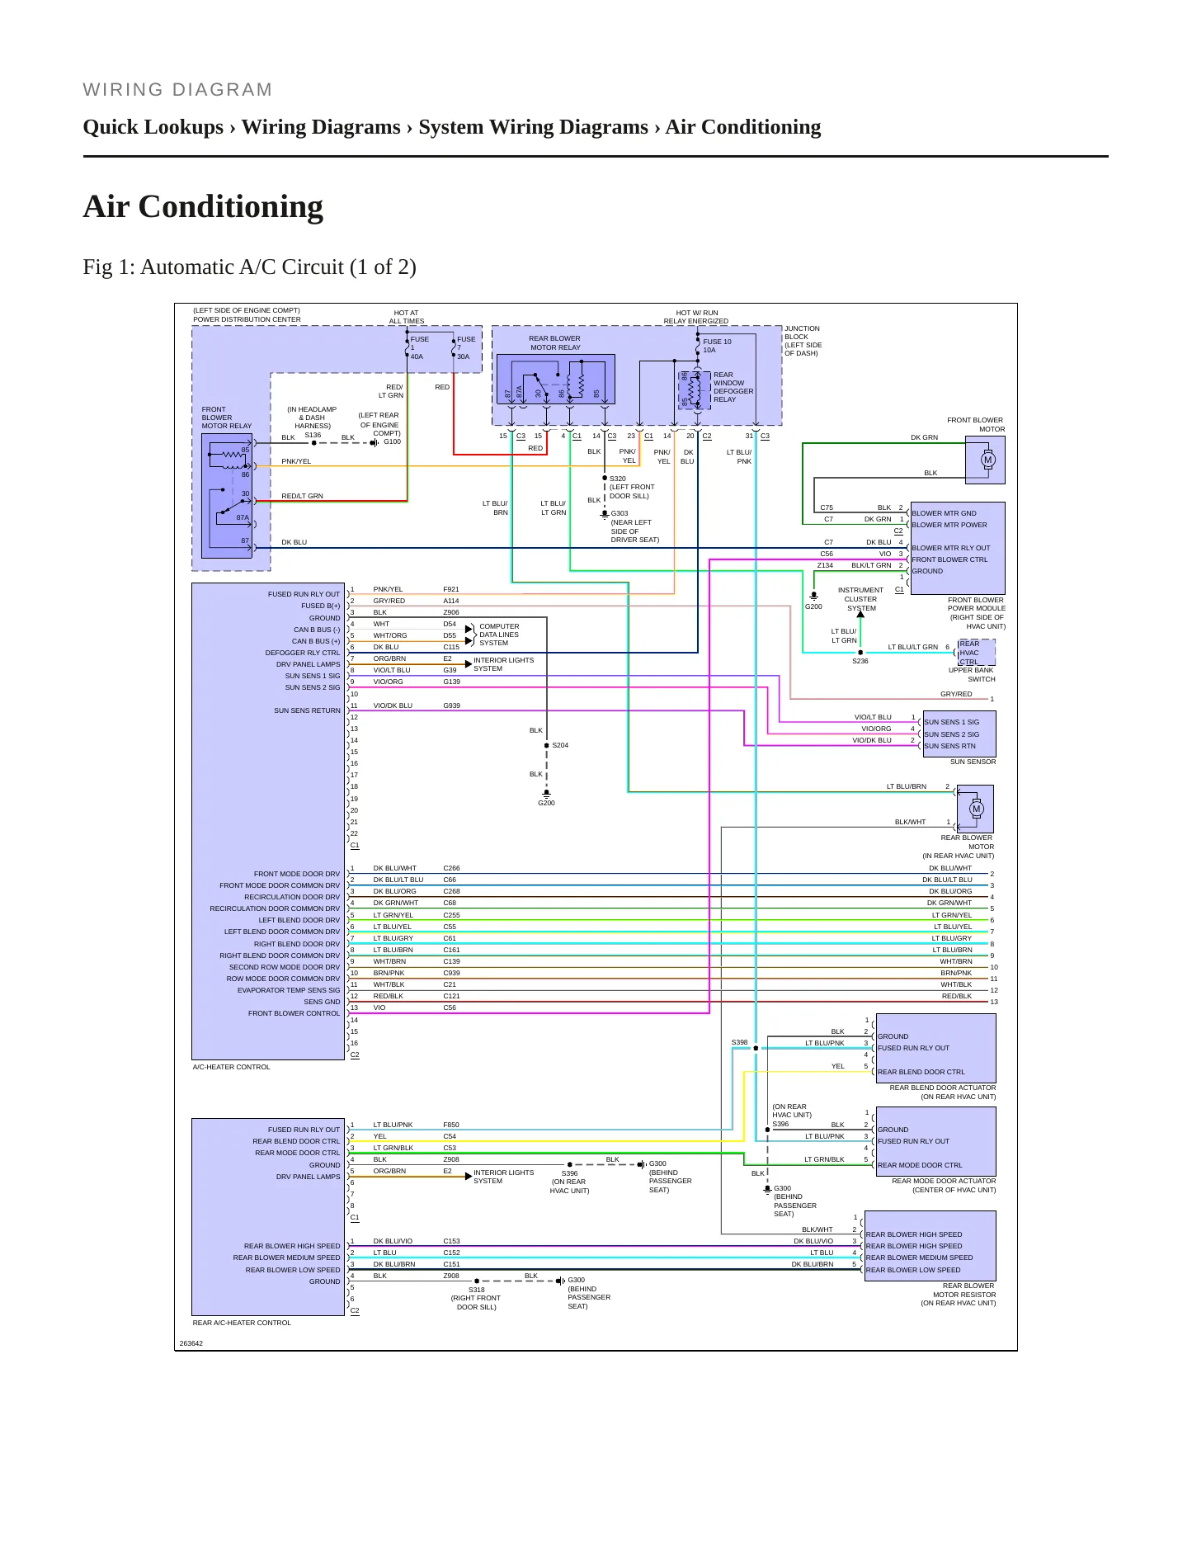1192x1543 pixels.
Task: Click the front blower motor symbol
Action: pos(987,460)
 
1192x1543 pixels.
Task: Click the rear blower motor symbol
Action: pos(977,809)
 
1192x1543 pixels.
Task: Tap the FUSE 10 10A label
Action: pos(717,346)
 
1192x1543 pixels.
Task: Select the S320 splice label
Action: pos(618,479)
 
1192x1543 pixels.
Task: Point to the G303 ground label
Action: pos(620,513)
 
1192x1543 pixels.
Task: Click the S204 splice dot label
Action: pos(560,745)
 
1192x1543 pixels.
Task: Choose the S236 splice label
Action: pos(860,661)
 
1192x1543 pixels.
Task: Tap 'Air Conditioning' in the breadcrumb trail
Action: pos(743,127)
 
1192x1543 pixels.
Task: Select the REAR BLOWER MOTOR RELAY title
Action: pos(554,342)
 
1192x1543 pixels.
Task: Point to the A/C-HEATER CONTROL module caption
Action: pos(232,1067)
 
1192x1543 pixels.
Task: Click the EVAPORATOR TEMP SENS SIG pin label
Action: pos(289,990)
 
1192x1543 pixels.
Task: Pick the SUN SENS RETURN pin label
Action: pos(307,710)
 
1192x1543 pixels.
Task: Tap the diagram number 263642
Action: pos(191,1343)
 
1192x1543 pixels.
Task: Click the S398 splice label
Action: pos(740,1042)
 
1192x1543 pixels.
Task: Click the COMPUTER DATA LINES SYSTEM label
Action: pos(500,635)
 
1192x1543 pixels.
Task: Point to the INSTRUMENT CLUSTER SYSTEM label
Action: pos(860,599)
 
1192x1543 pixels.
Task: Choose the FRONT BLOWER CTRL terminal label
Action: pos(949,559)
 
